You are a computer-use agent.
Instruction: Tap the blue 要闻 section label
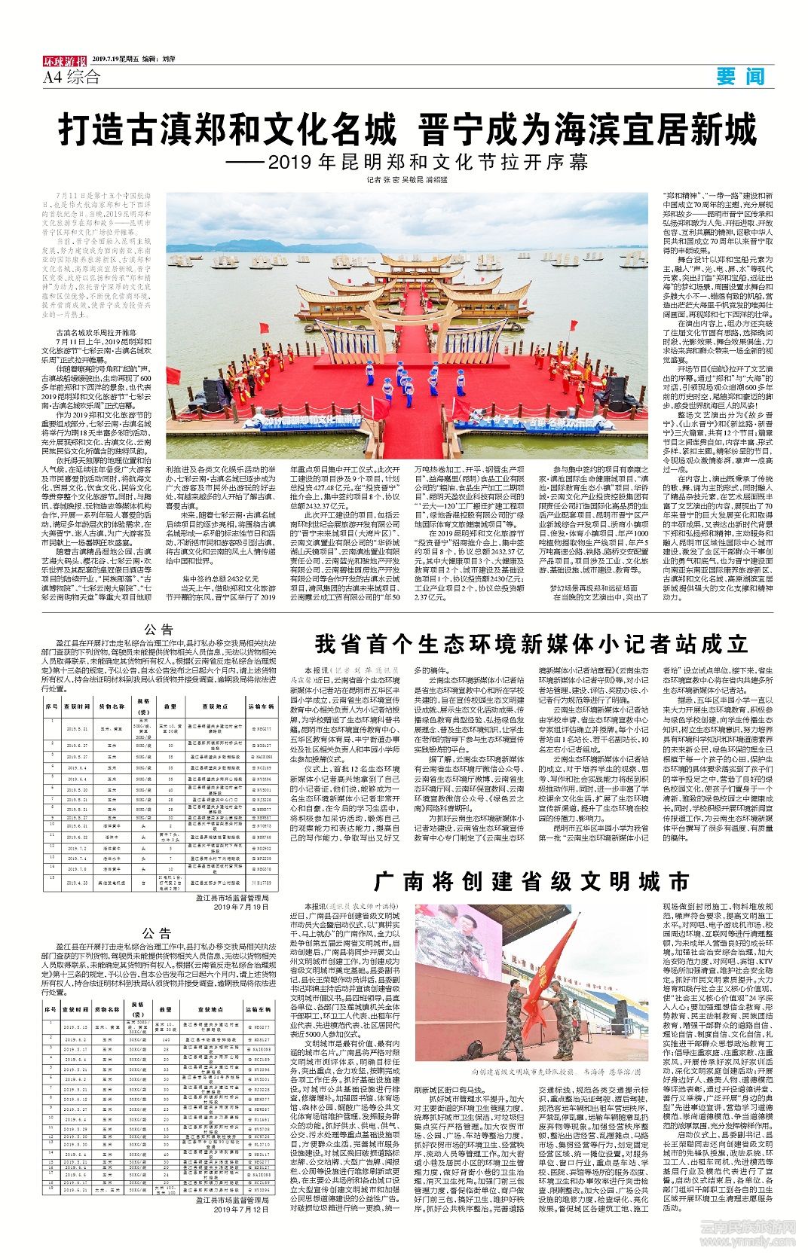click(740, 76)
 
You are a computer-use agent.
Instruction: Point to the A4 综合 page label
click(72, 77)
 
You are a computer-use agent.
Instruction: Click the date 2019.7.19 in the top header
click(109, 59)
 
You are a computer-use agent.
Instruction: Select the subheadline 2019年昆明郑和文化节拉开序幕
click(407, 162)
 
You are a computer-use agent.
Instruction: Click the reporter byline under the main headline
click(406, 180)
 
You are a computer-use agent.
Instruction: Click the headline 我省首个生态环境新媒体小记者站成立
click(531, 645)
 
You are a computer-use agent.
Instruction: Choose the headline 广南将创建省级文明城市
click(531, 881)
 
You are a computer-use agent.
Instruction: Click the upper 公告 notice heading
click(158, 630)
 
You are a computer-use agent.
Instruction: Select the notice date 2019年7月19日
click(240, 907)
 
